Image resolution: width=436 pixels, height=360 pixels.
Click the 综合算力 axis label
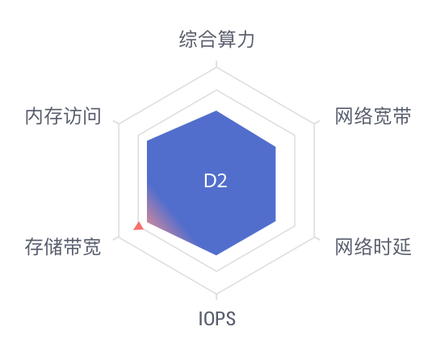216,40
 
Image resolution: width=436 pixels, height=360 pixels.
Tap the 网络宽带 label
373,116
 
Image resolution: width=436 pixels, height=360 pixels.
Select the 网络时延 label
373,246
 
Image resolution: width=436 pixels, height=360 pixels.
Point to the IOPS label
217,319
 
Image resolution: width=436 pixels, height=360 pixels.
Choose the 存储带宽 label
63,246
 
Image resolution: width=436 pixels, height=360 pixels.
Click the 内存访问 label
63,116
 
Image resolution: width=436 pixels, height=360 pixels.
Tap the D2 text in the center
216,181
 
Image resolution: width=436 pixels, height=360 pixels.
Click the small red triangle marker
139,226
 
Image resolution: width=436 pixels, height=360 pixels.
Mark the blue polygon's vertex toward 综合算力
216,111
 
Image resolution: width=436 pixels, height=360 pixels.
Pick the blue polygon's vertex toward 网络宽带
275,147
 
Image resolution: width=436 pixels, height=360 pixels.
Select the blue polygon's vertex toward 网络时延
275,221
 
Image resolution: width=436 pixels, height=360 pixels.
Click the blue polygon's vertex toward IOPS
216,255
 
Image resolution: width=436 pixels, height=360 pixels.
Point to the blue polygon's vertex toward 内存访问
147,140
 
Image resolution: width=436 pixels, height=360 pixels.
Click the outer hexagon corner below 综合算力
216,68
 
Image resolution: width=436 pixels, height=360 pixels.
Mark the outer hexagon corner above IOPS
216,293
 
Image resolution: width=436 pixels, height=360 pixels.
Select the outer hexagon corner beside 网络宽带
315,124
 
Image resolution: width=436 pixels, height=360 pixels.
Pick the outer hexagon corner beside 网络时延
315,237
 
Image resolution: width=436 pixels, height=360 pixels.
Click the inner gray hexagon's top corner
216,90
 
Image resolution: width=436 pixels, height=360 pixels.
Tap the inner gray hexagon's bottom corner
216,270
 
